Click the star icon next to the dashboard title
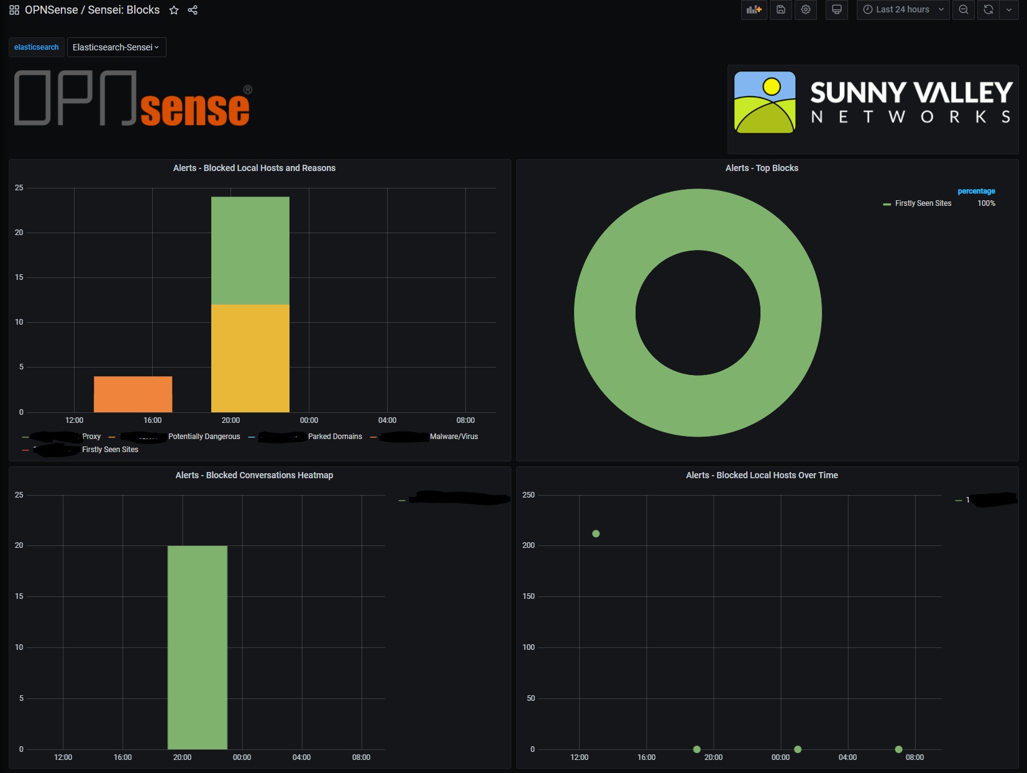point(174,10)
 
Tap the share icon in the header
point(193,10)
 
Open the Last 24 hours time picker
point(903,9)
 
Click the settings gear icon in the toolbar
point(806,9)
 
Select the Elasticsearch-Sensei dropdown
point(116,47)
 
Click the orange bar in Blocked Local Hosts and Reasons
point(133,394)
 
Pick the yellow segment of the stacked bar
point(250,358)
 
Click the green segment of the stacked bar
point(250,250)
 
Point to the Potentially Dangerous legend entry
point(204,437)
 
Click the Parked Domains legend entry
point(335,437)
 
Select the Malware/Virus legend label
point(454,437)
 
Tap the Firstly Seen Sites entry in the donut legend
point(923,203)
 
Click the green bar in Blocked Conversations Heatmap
point(197,647)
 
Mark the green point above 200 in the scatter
point(596,534)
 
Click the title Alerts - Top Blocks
point(762,168)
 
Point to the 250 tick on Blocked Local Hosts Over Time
point(529,495)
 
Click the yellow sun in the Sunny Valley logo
point(772,86)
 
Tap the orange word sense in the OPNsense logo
point(195,109)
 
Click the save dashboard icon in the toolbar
point(781,9)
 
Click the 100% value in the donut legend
point(986,203)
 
